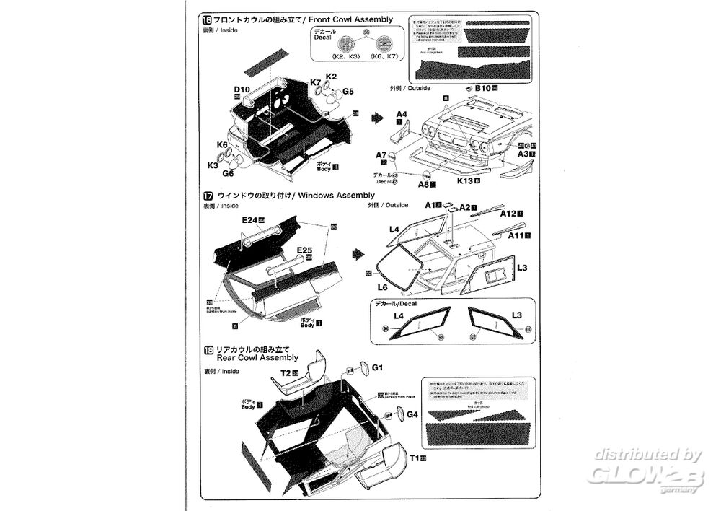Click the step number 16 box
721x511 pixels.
click(208, 19)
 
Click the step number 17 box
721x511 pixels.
click(208, 196)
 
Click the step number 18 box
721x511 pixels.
click(208, 349)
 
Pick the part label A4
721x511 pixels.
click(402, 115)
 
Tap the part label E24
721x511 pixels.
click(250, 219)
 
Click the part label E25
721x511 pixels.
click(302, 250)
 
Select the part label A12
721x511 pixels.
click(507, 214)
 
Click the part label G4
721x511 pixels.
click(412, 414)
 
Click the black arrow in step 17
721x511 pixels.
click(358, 255)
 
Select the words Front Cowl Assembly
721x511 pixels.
click(350, 19)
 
